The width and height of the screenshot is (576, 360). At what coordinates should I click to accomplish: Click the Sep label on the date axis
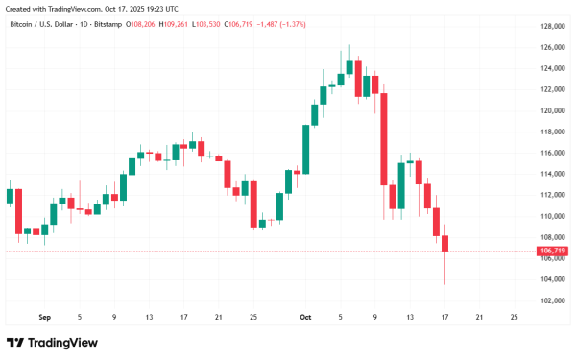tap(44, 316)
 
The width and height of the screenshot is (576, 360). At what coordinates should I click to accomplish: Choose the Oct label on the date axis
tap(306, 316)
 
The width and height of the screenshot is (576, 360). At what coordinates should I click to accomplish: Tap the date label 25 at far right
tap(516, 316)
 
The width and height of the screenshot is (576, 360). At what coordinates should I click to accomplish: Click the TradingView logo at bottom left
tap(43, 343)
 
